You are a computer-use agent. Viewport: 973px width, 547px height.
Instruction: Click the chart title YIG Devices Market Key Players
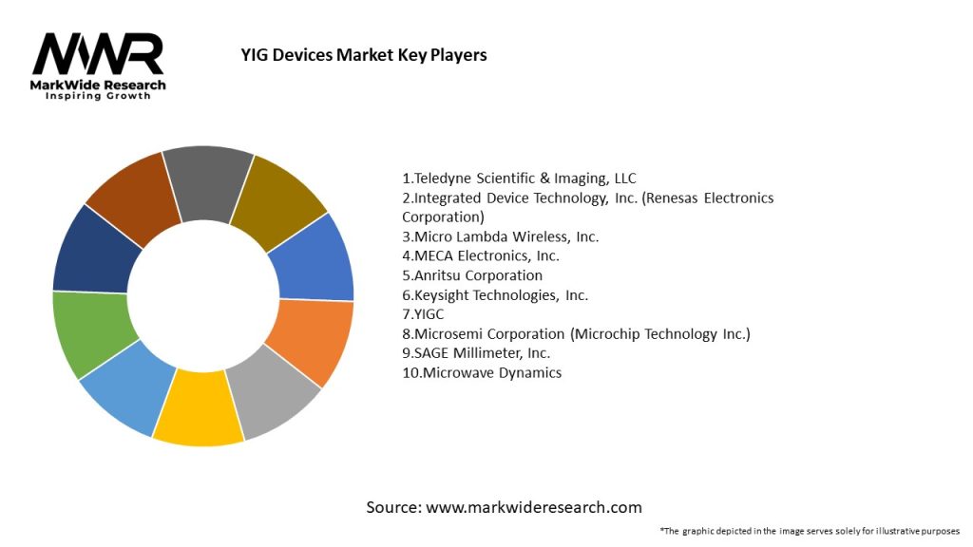click(x=364, y=55)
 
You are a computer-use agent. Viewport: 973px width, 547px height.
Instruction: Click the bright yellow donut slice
click(x=199, y=414)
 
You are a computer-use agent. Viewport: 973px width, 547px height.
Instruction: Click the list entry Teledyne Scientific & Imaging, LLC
click(x=519, y=178)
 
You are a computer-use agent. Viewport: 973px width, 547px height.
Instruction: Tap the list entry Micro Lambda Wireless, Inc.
click(x=501, y=236)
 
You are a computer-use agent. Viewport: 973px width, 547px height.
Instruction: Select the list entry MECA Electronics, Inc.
click(x=481, y=255)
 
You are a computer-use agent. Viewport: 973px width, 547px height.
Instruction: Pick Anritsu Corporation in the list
click(x=472, y=275)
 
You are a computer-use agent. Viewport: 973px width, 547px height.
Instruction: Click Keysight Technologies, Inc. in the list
click(x=495, y=294)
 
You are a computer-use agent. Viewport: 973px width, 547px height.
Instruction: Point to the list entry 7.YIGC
click(x=424, y=314)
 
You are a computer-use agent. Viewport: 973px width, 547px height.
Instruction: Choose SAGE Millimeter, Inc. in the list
click(x=476, y=352)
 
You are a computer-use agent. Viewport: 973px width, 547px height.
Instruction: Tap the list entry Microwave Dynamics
click(x=482, y=372)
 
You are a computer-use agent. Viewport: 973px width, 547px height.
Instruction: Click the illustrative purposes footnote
click(x=810, y=531)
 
